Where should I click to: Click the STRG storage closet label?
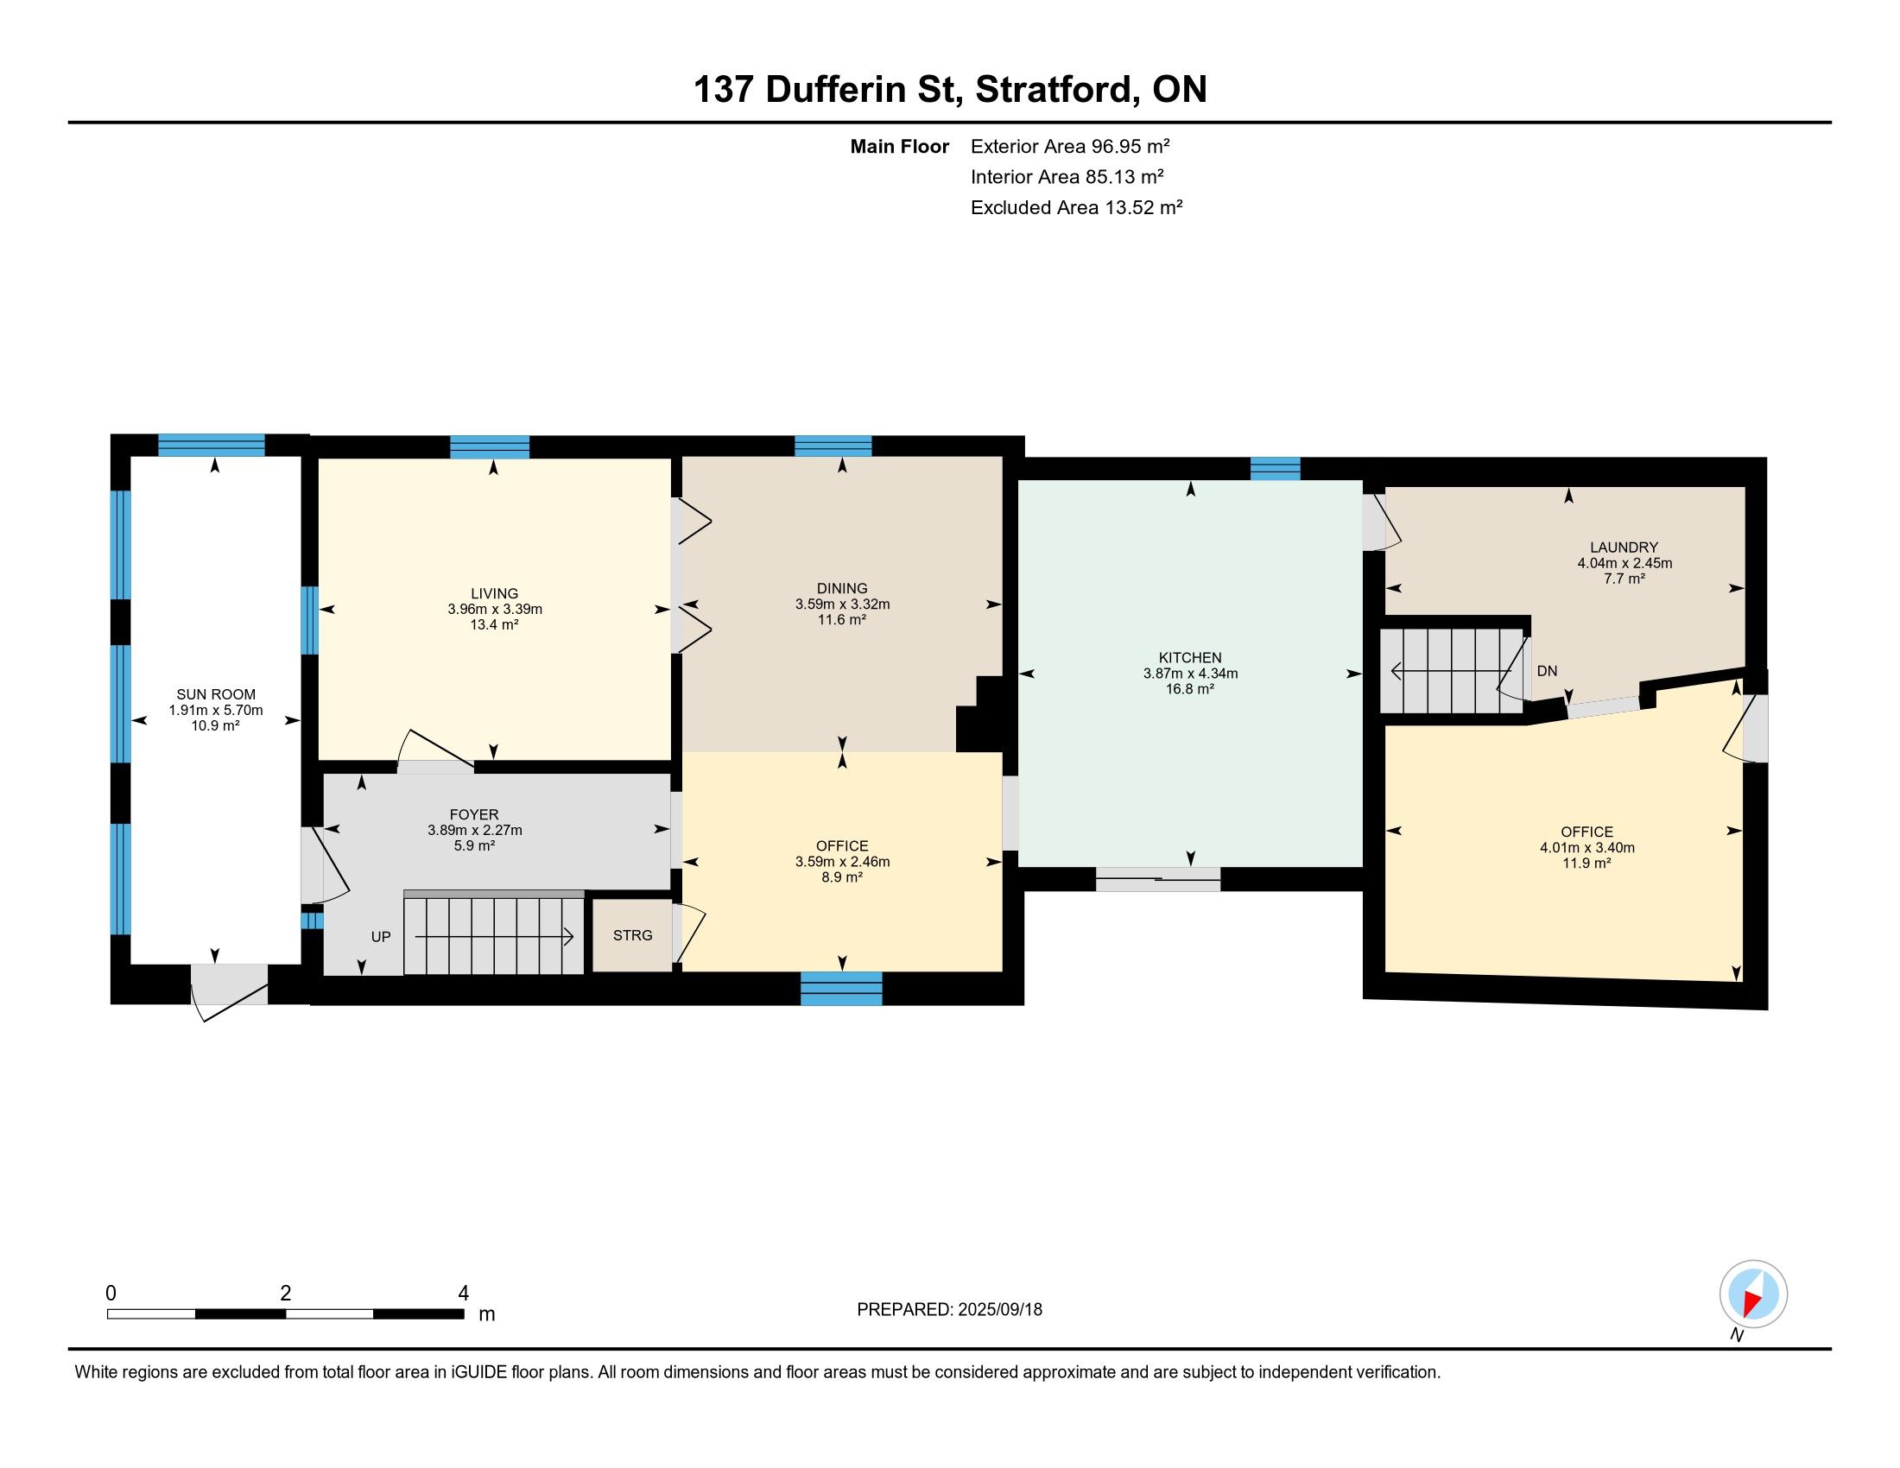[x=632, y=936]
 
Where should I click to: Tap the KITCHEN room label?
[x=1190, y=657]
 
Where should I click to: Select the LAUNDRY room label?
[x=1624, y=547]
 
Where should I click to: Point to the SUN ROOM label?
[x=216, y=694]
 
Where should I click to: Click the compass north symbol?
[x=1753, y=1294]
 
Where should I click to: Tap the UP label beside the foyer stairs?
[x=381, y=938]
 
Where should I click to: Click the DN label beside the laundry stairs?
[x=1547, y=671]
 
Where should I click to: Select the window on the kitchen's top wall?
[x=1276, y=469]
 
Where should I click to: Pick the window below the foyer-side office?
[x=841, y=989]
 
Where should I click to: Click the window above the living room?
[x=490, y=447]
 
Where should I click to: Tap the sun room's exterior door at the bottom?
[x=230, y=990]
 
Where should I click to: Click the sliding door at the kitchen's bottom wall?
[x=1158, y=879]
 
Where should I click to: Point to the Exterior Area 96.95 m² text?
[x=1070, y=146]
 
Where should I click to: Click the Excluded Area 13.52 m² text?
[x=1076, y=207]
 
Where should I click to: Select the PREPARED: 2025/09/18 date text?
[x=949, y=1310]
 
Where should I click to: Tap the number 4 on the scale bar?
[x=464, y=1294]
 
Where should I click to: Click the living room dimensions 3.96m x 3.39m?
[x=495, y=609]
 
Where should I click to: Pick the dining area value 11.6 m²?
[x=842, y=619]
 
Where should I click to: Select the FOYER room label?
[x=474, y=814]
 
